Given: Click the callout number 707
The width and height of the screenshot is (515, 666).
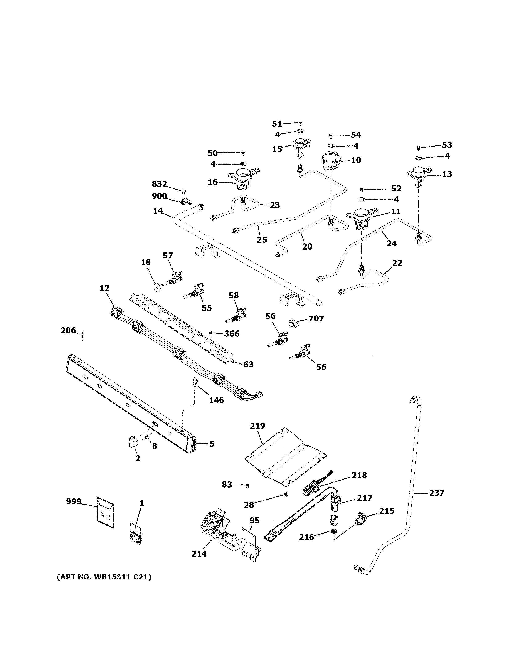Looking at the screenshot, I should [316, 319].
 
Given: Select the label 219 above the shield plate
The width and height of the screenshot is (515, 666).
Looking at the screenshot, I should [257, 425].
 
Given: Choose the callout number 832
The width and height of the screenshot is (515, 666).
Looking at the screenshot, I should [159, 184].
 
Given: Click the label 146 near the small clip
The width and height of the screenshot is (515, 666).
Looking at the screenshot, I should [216, 400].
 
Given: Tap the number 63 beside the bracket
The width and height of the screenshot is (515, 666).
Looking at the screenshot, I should [248, 364].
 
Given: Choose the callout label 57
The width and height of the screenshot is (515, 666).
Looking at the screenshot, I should [168, 256].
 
